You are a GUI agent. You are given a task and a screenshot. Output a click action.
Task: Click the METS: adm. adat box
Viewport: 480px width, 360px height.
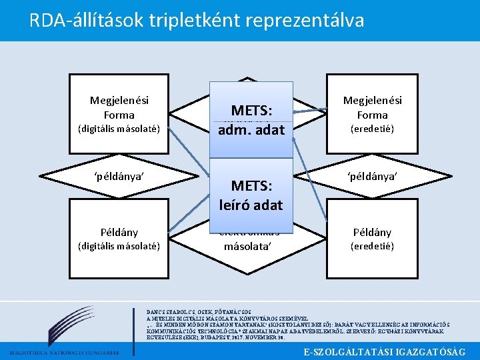pos(252,119)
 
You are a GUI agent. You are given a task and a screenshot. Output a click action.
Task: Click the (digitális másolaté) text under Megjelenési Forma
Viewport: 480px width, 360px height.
pos(119,129)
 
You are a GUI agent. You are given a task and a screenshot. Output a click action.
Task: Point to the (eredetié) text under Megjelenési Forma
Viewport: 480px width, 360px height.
pos(373,129)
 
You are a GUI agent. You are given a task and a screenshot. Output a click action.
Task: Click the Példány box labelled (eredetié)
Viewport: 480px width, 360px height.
pos(373,238)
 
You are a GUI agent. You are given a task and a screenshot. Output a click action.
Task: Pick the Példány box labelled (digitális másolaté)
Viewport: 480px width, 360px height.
pos(119,238)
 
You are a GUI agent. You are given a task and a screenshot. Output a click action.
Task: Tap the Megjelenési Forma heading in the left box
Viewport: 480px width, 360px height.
pos(119,107)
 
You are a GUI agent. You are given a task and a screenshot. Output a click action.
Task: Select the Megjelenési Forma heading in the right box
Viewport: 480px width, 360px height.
pos(373,107)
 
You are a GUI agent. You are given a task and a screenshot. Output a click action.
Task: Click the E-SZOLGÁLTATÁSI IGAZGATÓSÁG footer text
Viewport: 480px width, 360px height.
pos(384,351)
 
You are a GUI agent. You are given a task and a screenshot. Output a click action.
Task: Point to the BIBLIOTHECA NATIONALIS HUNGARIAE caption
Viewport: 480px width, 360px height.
pos(64,352)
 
